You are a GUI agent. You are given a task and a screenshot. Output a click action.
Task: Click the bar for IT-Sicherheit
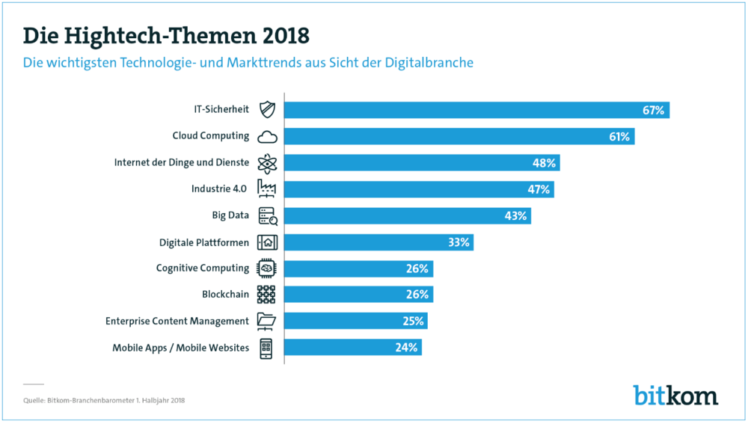(476, 110)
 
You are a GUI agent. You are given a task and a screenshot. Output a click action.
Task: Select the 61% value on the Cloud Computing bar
(619, 137)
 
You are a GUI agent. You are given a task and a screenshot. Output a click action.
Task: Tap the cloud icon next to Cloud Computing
(267, 138)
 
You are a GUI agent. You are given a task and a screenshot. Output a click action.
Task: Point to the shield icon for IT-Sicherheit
(267, 110)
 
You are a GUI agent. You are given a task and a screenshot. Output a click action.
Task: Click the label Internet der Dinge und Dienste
(181, 162)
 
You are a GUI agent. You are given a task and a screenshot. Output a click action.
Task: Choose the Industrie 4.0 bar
(419, 189)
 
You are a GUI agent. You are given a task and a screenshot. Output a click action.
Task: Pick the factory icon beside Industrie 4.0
(267, 188)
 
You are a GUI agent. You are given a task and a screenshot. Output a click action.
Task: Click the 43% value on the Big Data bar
(515, 216)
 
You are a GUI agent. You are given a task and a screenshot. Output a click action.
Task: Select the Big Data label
(230, 215)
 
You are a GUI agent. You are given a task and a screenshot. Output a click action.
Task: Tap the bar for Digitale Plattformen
(378, 242)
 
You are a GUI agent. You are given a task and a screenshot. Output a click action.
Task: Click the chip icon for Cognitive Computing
(267, 268)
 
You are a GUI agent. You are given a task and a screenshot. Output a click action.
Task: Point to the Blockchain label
(225, 295)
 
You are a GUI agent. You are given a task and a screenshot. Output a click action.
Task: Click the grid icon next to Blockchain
(266, 295)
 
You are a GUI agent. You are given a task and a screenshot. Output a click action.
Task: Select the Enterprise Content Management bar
(356, 321)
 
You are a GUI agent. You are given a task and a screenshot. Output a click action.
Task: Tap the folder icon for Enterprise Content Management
(266, 321)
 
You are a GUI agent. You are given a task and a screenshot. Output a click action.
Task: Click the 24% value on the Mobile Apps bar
(406, 348)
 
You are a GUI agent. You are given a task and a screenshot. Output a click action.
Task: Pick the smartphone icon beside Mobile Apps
(266, 348)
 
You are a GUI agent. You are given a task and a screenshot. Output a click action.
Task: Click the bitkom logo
(675, 395)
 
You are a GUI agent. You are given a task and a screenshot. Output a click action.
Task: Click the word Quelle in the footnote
(34, 401)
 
